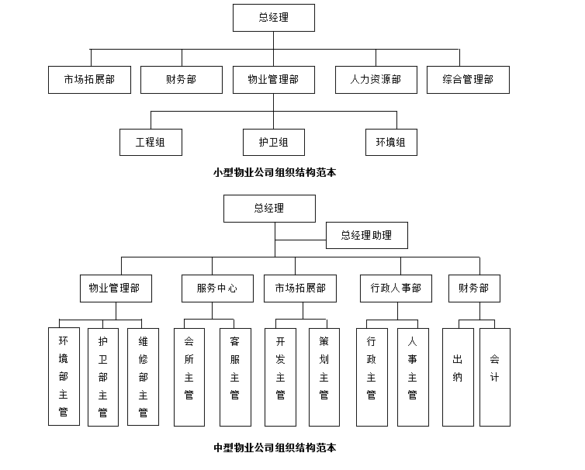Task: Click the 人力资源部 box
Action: pyautogui.click(x=376, y=80)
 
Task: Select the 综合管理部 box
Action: pyautogui.click(x=468, y=80)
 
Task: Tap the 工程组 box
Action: pyautogui.click(x=151, y=143)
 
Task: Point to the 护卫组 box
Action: pyautogui.click(x=274, y=143)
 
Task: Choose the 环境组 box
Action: pyautogui.click(x=391, y=143)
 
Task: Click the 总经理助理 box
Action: pyautogui.click(x=366, y=235)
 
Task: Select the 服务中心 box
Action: pyautogui.click(x=217, y=289)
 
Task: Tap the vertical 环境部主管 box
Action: pyautogui.click(x=64, y=376)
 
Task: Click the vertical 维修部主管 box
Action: pyautogui.click(x=143, y=376)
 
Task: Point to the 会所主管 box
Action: pyautogui.click(x=189, y=376)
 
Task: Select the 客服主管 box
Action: pyautogui.click(x=235, y=376)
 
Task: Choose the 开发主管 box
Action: pyautogui.click(x=280, y=376)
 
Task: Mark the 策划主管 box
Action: pyautogui.click(x=324, y=376)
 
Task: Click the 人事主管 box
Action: pyautogui.click(x=413, y=376)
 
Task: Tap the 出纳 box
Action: pyautogui.click(x=458, y=376)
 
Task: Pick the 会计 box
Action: pyautogui.click(x=495, y=376)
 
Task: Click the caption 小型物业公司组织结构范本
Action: pyautogui.click(x=275, y=173)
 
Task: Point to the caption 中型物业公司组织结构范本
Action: pyautogui.click(x=275, y=448)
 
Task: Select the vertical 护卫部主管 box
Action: pyautogui.click(x=102, y=376)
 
